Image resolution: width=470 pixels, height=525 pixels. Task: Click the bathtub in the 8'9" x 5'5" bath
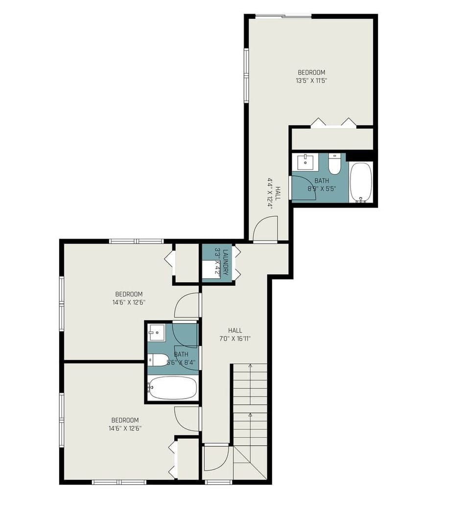(x=361, y=182)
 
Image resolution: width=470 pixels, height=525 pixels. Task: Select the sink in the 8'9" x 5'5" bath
(x=305, y=161)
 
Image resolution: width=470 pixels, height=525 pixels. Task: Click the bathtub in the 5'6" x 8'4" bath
(x=173, y=388)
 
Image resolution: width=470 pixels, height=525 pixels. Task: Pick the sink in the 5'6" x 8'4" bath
(x=157, y=333)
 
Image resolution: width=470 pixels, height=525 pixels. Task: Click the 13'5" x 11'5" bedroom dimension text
(x=311, y=81)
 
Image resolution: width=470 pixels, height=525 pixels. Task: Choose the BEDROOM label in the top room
(x=311, y=73)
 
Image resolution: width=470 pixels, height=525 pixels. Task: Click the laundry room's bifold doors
(x=237, y=263)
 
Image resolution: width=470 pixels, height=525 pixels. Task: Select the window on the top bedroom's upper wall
(x=283, y=17)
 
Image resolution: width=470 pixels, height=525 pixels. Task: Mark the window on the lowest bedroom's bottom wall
(x=119, y=482)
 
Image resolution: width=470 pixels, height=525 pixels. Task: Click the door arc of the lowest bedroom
(x=188, y=418)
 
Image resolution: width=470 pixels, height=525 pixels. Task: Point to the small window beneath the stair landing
(x=218, y=482)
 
